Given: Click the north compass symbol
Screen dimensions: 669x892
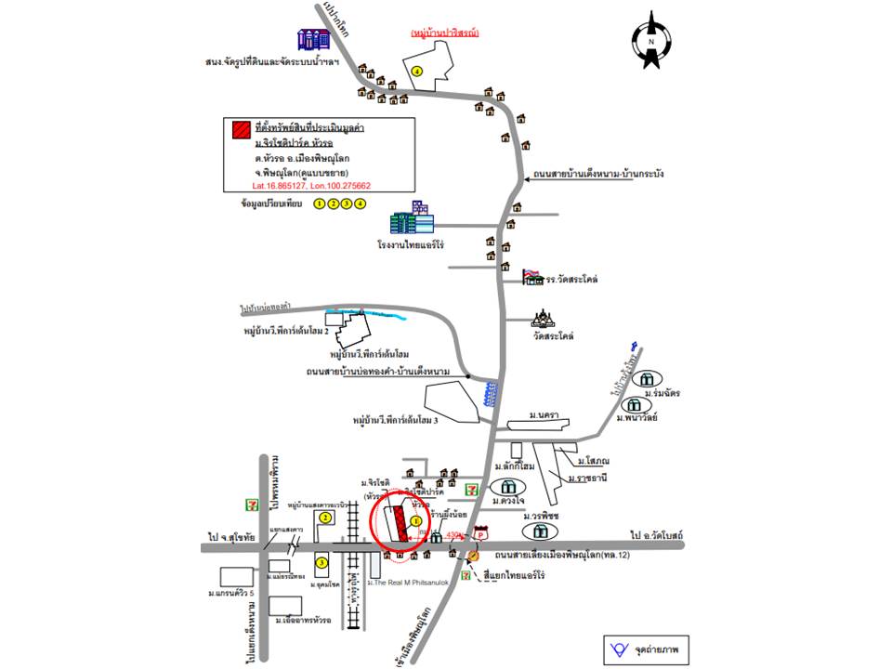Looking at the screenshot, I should pos(651,40).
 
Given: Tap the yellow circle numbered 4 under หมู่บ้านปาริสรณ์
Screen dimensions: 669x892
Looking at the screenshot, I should pos(418,72).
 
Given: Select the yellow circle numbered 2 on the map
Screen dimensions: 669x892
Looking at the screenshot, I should pos(325,517).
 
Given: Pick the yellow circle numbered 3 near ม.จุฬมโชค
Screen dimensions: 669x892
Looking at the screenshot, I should pos(321,562).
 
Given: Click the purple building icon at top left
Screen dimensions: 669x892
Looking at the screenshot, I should pos(313,39).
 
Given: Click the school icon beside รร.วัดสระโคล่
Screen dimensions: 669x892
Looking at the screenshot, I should pos(533,275).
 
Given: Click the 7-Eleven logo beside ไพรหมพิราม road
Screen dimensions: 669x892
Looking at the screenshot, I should pos(250,503).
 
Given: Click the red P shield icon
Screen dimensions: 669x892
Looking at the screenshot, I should pos(480,532).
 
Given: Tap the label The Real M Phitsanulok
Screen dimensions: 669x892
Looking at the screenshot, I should pos(409,583).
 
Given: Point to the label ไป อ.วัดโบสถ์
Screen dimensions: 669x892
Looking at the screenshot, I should pos(656,536).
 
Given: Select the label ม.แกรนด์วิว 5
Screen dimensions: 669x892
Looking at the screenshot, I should pos(234,593).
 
